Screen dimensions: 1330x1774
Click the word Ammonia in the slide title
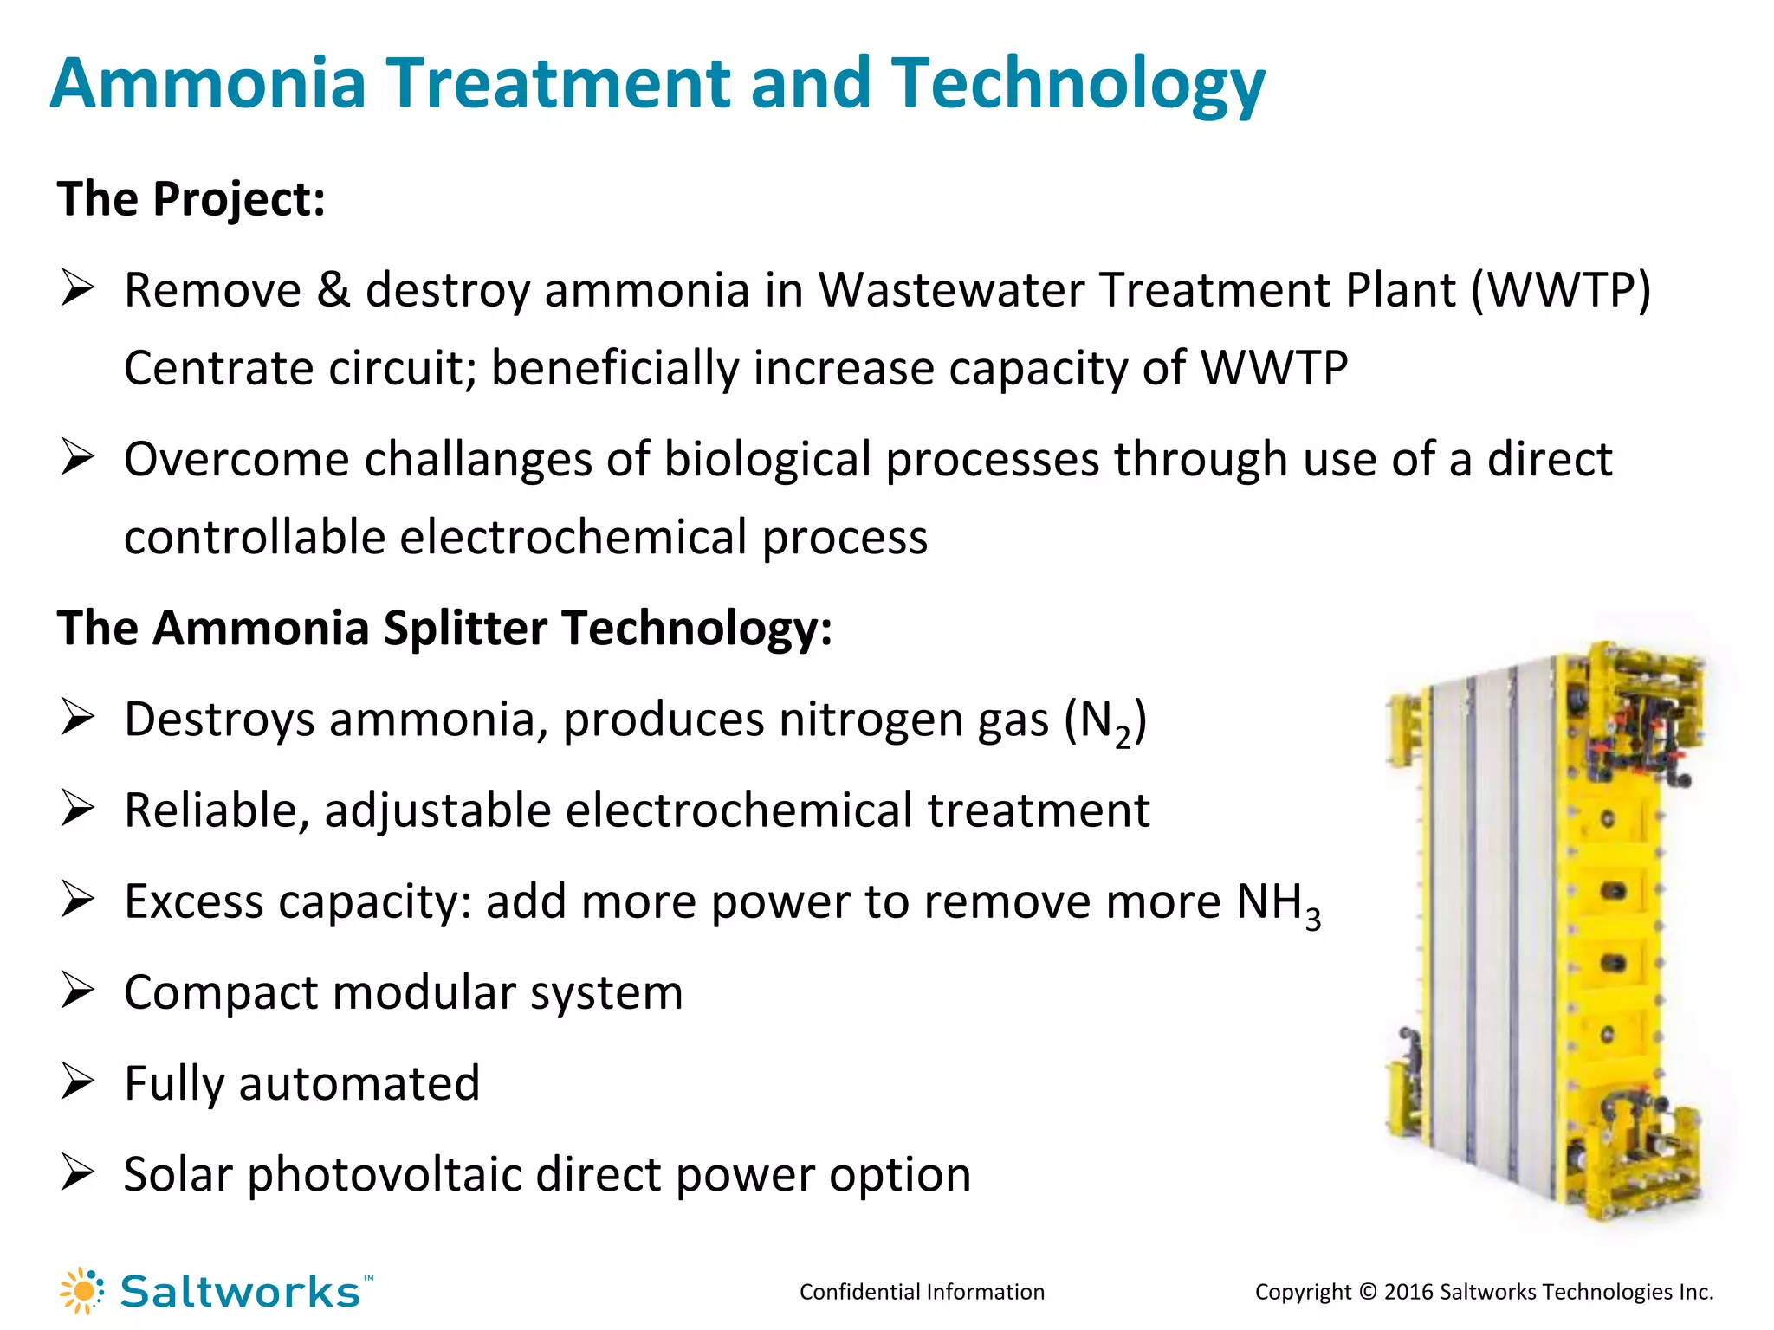(x=209, y=83)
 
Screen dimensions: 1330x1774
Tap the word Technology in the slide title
(x=1078, y=85)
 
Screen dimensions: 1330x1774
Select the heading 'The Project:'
(x=191, y=199)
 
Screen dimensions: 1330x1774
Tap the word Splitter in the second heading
(x=464, y=628)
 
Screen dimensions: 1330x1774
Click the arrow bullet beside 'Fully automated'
(x=77, y=1082)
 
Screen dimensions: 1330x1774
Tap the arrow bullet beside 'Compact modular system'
(x=77, y=991)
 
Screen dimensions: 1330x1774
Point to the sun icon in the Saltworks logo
(x=82, y=1291)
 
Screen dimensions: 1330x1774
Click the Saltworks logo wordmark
(x=240, y=1292)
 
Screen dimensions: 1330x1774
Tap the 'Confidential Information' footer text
(x=922, y=1292)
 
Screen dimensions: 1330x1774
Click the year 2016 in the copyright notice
(x=1408, y=1292)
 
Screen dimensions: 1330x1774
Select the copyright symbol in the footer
(x=1368, y=1292)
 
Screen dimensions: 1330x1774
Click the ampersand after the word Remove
(x=333, y=290)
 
